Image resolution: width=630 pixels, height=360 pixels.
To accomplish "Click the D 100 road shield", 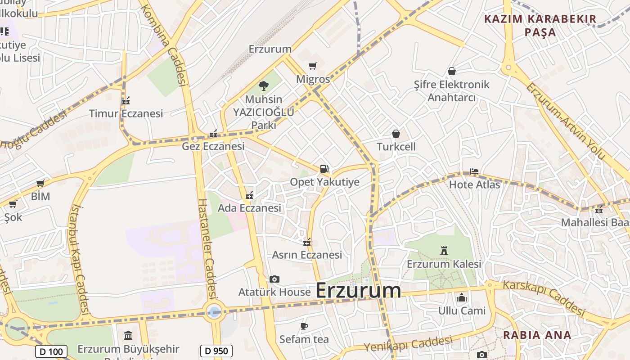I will (51, 351).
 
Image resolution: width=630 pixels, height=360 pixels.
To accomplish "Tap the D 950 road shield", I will (216, 351).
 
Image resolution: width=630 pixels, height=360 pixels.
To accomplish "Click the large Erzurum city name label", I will (358, 290).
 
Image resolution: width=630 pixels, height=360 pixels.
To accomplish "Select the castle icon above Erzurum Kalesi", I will (444, 251).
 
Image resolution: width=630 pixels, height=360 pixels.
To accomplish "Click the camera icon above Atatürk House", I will (274, 279).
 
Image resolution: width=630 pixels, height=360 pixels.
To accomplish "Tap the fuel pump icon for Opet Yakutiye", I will (324, 169).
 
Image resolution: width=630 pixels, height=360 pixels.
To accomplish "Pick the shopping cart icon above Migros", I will (313, 66).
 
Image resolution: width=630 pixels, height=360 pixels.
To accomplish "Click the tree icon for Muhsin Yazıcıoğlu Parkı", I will (264, 85).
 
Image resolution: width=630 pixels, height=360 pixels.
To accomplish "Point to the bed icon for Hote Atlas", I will (474, 171).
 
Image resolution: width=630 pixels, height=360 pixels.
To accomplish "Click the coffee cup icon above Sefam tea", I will (304, 326).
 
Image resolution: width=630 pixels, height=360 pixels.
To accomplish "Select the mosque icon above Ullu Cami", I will (462, 298).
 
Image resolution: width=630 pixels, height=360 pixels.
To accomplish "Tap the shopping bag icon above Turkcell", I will (396, 134).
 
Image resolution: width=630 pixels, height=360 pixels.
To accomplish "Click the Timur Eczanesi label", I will (126, 113).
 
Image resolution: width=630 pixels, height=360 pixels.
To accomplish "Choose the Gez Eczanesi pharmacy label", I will (213, 146).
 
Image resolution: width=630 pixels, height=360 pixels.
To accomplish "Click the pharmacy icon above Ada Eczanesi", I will (249, 195).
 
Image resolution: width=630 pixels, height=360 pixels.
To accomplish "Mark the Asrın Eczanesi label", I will (307, 255).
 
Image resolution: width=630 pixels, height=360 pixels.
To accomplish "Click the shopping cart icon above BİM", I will (40, 184).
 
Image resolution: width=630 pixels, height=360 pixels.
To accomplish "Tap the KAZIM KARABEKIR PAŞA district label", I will (540, 26).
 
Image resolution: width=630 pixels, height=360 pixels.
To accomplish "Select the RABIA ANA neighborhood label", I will (537, 335).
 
